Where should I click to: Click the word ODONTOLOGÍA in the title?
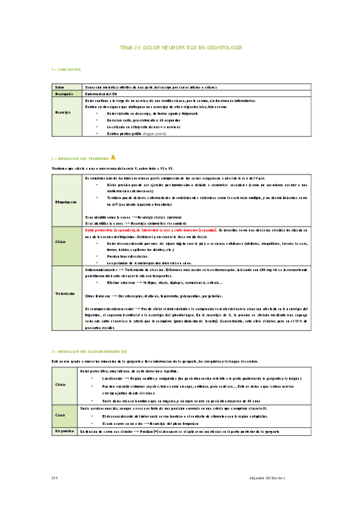[x=221, y=47]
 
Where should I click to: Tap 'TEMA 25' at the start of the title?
[x=130, y=47]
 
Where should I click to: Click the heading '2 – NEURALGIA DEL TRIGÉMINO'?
[x=80, y=157]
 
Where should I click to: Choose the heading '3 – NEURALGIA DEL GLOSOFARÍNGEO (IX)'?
[x=88, y=352]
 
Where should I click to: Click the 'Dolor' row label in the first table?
[x=59, y=87]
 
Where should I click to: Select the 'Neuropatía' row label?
[x=64, y=94]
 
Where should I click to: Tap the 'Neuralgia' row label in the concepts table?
[x=63, y=113]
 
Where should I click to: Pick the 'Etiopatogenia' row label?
[x=66, y=201]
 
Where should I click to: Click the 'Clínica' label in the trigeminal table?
[x=61, y=241]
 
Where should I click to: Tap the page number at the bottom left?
[x=55, y=479]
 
